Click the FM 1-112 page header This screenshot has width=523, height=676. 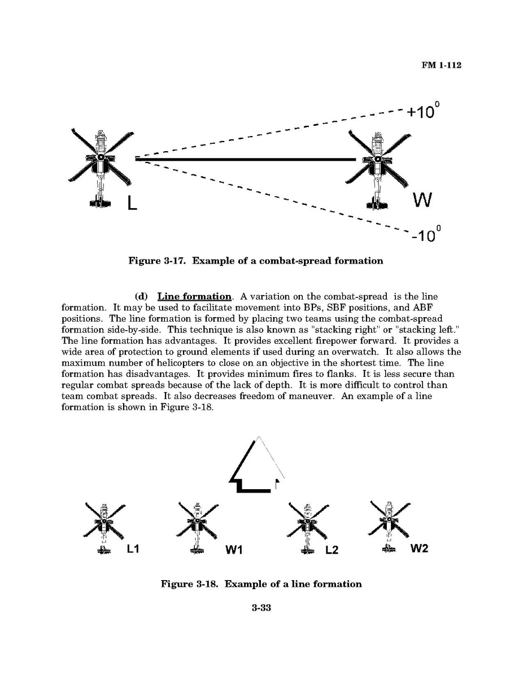coord(441,65)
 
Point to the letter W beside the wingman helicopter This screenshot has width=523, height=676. coord(422,199)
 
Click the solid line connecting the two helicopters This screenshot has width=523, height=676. coord(246,160)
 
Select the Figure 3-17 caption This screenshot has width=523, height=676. coord(256,261)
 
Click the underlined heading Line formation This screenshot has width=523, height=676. coord(194,296)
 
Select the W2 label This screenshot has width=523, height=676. coord(419,548)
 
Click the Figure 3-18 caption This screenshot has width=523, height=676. coord(261,584)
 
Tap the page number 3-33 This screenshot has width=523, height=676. coord(261,608)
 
